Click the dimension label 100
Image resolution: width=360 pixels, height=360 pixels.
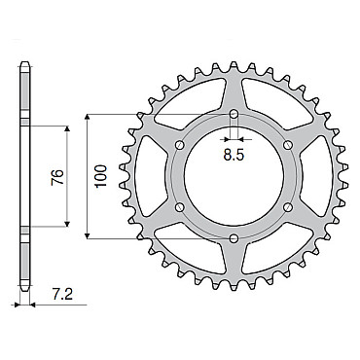click(x=101, y=176)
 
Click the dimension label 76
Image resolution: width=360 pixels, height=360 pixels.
click(x=57, y=177)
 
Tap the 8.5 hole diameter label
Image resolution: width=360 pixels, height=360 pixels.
click(x=234, y=156)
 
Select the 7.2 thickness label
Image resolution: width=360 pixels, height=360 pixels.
click(x=62, y=296)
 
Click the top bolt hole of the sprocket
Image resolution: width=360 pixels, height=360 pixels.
click(x=234, y=114)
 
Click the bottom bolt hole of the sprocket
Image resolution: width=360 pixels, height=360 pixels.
click(x=234, y=239)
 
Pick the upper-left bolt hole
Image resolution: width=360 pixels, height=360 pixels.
click(x=180, y=145)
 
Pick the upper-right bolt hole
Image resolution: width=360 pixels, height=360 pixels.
click(x=288, y=145)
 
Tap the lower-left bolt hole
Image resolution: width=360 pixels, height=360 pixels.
click(x=180, y=207)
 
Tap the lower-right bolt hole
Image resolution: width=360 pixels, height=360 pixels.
click(x=288, y=207)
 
